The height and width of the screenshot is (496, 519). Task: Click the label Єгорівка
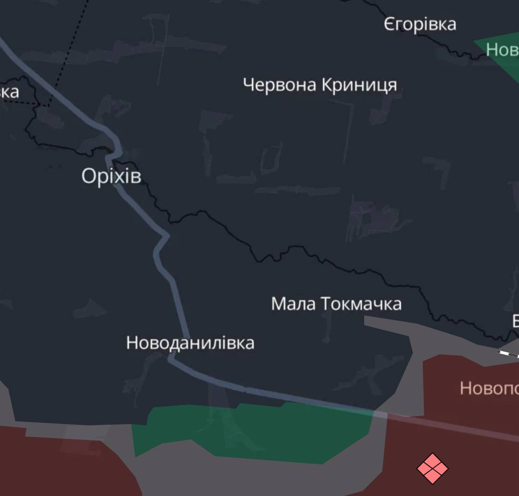(x=420, y=24)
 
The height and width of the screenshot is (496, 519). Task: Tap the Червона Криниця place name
(x=320, y=85)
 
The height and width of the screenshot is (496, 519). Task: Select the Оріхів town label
(x=111, y=176)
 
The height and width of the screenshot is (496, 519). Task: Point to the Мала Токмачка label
(x=336, y=304)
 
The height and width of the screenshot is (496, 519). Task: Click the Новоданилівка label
(x=190, y=343)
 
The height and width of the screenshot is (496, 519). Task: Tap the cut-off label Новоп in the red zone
(x=488, y=388)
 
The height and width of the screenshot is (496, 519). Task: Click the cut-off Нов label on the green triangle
(x=502, y=49)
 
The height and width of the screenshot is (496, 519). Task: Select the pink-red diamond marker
(x=432, y=469)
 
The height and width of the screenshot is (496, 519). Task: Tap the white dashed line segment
(x=508, y=354)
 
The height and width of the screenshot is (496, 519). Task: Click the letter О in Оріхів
(x=89, y=176)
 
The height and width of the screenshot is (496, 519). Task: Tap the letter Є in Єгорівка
(x=390, y=24)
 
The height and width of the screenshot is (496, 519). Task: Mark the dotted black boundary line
(x=70, y=51)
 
